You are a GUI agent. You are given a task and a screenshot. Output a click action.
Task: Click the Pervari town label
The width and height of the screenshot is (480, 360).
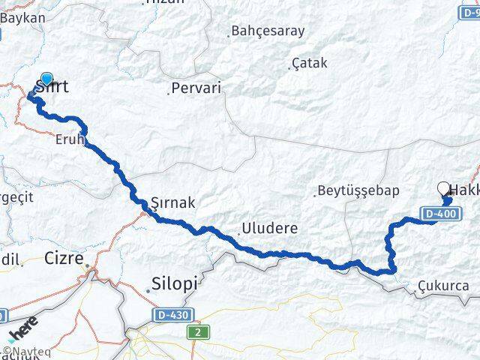pos(196,88)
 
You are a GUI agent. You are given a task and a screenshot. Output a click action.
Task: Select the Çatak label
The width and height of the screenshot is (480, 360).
pos(309,63)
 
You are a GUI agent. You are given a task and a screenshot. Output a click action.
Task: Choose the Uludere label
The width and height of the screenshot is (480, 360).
pos(269,228)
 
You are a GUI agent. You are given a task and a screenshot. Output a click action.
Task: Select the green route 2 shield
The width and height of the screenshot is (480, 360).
pos(196,331)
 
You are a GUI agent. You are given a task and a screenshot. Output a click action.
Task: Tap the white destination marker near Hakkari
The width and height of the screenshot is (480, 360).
pos(443,189)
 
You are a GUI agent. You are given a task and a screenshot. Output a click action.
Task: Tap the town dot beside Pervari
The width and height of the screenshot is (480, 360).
pos(168,94)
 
